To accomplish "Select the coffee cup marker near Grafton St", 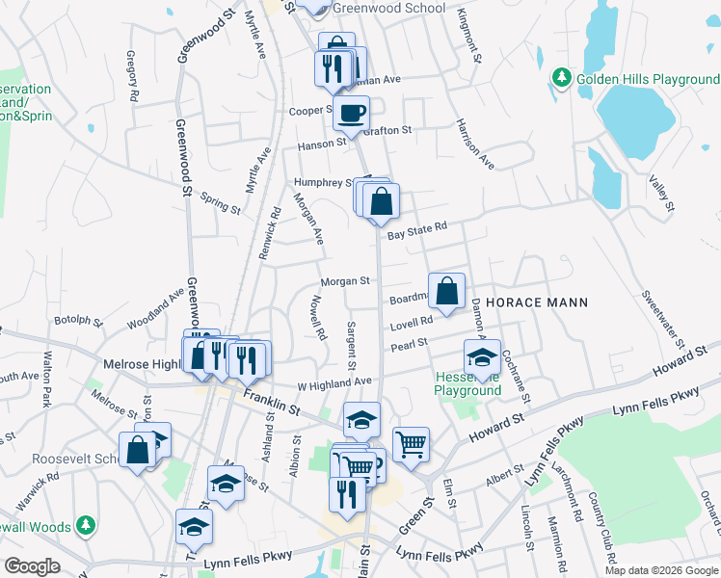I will click(351, 112).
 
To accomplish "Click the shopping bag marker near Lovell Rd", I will click(447, 291).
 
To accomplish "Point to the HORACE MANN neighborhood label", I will click(536, 302).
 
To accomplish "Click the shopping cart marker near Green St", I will click(411, 444).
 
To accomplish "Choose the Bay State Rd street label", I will click(417, 231).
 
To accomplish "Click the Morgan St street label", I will click(346, 281).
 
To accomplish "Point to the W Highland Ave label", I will click(334, 382).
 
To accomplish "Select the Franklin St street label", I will click(272, 403).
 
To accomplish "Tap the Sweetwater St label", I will click(663, 318).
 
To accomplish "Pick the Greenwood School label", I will click(389, 8).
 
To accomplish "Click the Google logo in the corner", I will click(32, 566).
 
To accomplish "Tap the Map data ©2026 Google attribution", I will click(661, 570).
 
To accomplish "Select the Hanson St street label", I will click(321, 143).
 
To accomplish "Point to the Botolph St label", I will click(78, 320).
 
